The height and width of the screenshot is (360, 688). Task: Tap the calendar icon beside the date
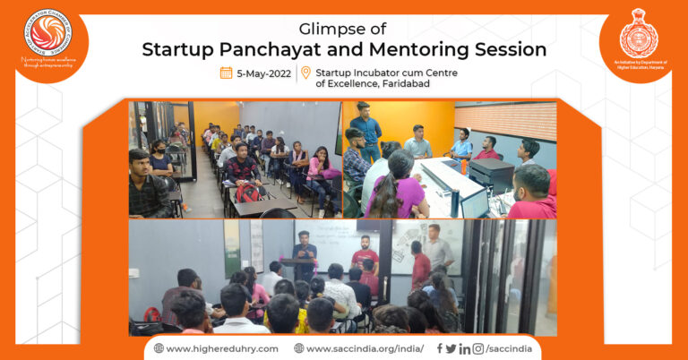pos(226,73)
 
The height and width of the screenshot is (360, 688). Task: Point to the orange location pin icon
pos(305,73)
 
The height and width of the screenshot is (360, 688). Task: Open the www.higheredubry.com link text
pos(221,348)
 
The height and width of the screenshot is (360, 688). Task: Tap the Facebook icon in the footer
pos(439,348)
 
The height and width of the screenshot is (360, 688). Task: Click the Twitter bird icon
pos(451,348)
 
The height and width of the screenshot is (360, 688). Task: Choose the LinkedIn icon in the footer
pos(464,348)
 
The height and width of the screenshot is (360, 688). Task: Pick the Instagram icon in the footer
pos(478,348)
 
